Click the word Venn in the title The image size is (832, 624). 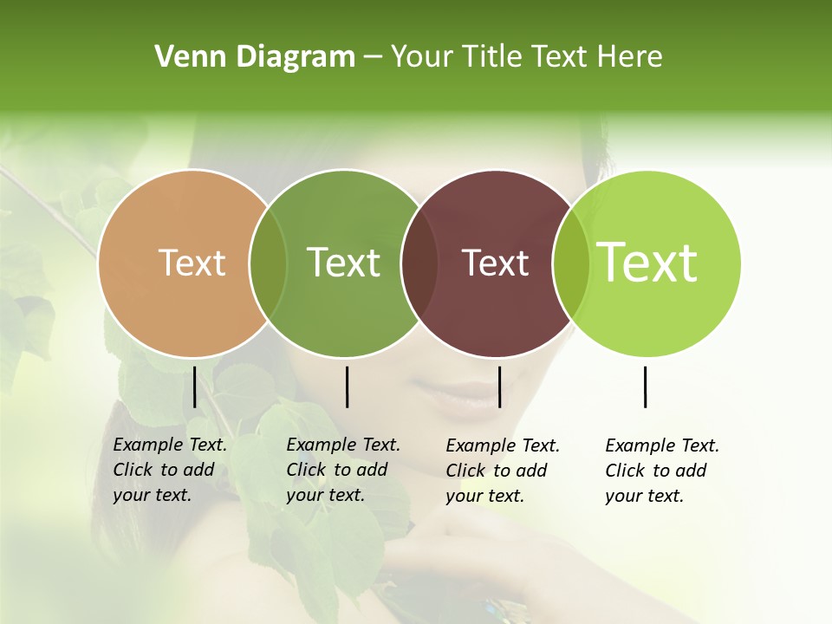[183, 57]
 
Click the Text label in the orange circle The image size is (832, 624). [192, 263]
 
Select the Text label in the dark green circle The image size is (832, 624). [343, 263]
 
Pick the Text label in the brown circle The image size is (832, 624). [495, 263]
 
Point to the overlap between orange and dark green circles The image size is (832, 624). [268, 263]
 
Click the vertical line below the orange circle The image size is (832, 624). [194, 387]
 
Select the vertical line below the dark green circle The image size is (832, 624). [347, 387]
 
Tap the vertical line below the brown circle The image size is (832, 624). [499, 387]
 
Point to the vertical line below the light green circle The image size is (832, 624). [645, 387]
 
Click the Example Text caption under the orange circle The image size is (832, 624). [169, 470]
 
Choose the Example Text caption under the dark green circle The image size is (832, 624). [342, 470]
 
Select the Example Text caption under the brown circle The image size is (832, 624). [502, 471]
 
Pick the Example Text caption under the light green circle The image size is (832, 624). [661, 471]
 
